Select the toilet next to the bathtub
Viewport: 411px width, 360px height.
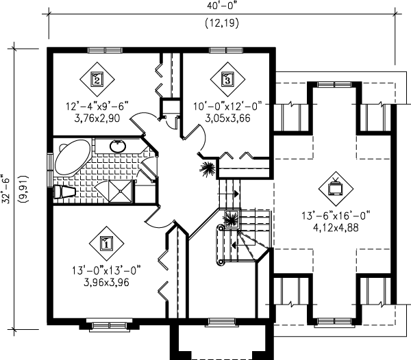click(x=66, y=192)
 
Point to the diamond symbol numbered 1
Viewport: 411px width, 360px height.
click(x=107, y=242)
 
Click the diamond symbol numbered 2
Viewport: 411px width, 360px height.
click(x=97, y=79)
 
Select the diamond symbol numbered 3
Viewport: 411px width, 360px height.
click(x=227, y=79)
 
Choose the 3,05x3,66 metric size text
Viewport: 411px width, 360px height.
click(x=227, y=117)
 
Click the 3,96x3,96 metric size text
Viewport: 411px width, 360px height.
click(x=107, y=281)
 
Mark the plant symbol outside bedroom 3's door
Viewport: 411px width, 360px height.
click(x=207, y=168)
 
